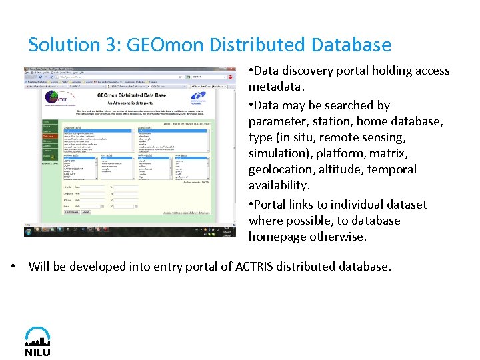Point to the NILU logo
pos(37,341)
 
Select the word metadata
pos(275,87)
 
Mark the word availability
pos(279,185)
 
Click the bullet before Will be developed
pos(13,266)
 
